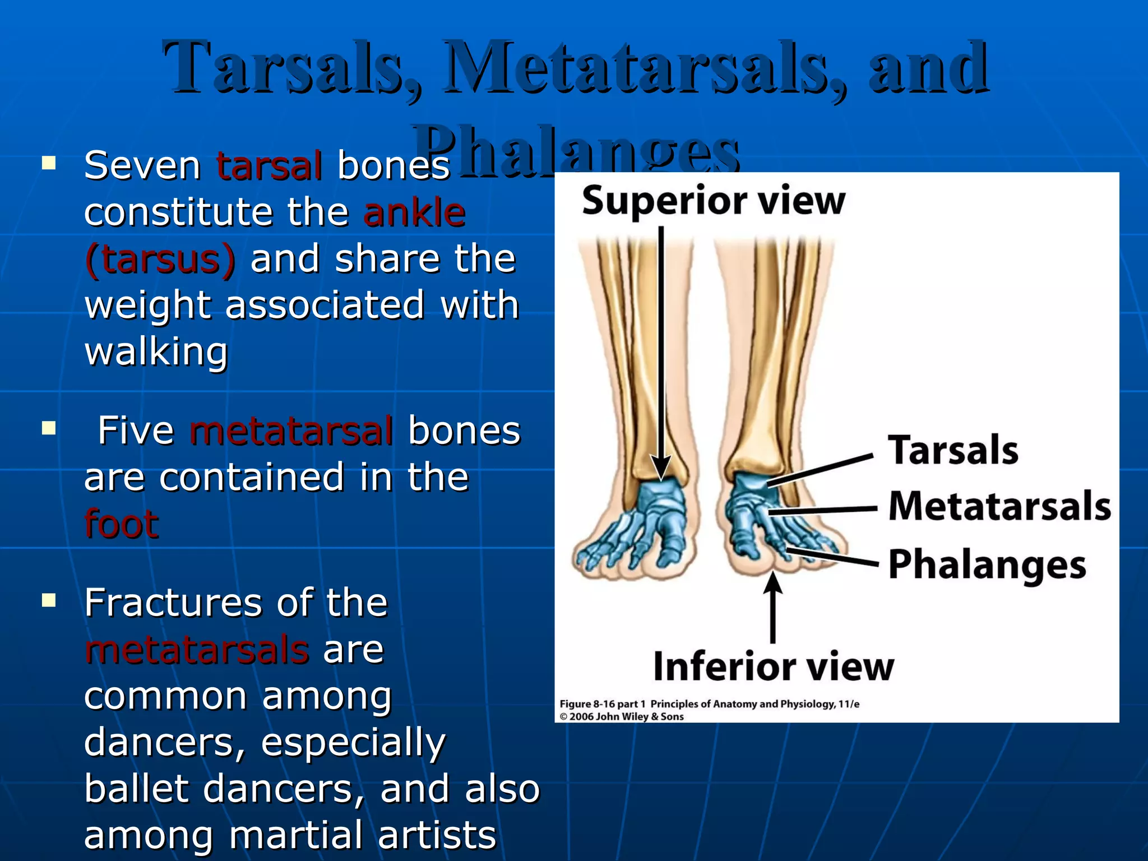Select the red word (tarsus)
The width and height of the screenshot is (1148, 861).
160,259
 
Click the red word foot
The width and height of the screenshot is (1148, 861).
121,524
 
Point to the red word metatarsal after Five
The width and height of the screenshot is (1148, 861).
291,430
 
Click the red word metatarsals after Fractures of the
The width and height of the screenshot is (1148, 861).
197,649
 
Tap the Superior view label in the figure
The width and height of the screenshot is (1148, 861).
713,201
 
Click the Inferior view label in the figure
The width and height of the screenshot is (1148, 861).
773,666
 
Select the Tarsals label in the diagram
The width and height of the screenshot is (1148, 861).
953,450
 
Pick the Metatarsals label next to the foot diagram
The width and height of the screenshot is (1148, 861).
999,506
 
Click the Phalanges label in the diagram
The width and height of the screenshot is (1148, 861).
987,564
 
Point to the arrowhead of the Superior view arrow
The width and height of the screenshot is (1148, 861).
661,468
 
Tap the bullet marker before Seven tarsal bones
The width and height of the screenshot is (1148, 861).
49,164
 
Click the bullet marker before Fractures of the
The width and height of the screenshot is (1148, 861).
49,601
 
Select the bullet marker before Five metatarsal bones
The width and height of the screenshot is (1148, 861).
49,429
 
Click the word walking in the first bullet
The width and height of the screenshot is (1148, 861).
156,352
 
